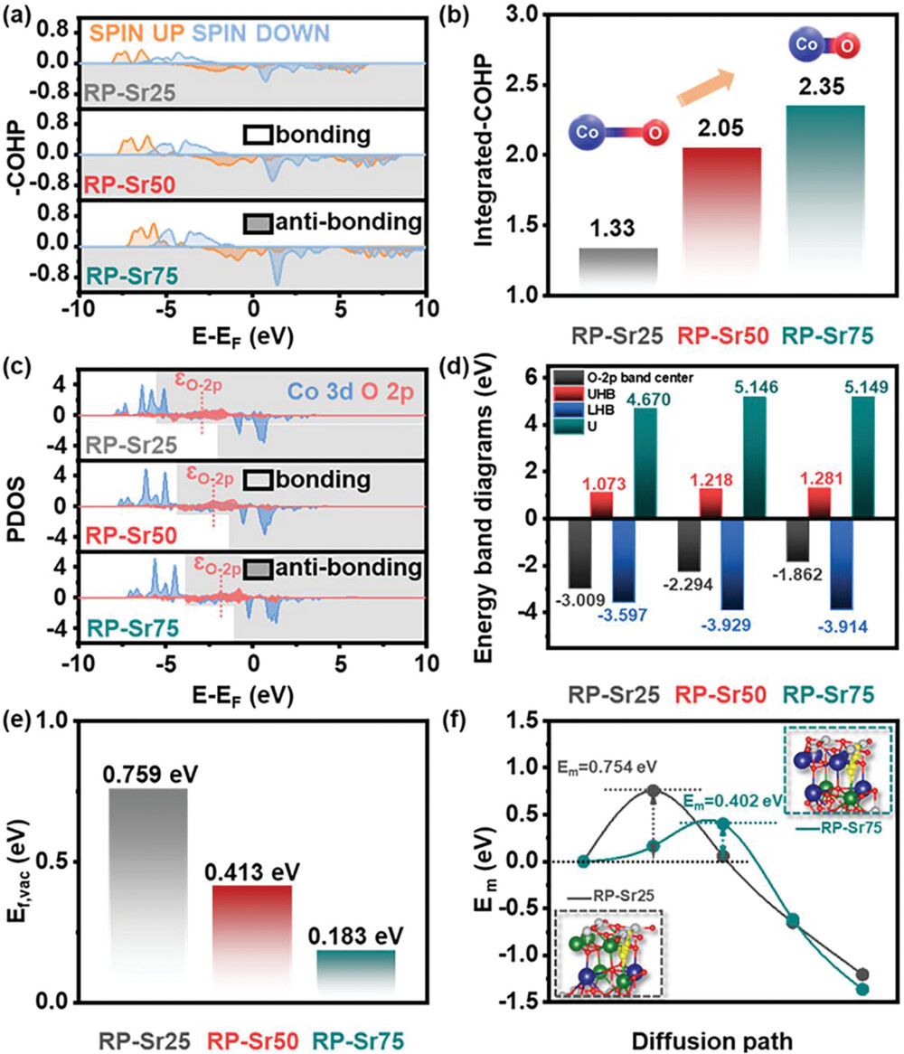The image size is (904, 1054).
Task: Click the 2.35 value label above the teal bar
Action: tap(822, 87)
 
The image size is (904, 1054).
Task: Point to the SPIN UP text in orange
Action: tap(137, 33)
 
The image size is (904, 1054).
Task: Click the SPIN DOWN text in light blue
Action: tap(260, 33)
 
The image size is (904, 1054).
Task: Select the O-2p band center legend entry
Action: tap(622, 378)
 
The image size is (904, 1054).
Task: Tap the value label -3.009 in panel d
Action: tap(580, 599)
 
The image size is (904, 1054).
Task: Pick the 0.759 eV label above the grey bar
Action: tap(151, 775)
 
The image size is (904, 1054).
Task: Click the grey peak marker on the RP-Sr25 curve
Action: tap(654, 790)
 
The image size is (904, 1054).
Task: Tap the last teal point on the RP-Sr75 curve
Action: tap(862, 989)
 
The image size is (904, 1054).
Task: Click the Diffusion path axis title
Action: tap(711, 1040)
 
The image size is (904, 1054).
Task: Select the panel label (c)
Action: tap(16, 369)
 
